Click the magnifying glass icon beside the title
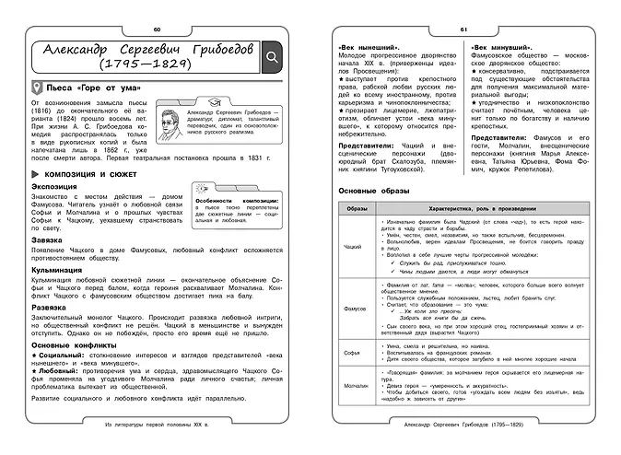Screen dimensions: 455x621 point(274,58)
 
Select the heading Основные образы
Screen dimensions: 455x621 point(369,190)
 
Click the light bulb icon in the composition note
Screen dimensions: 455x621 point(205,189)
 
